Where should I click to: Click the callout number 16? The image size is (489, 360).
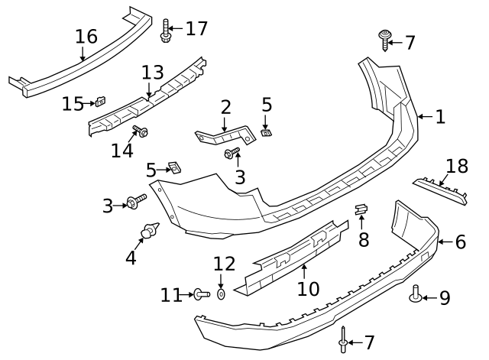click(x=86, y=36)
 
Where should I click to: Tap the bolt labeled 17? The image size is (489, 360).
click(x=166, y=31)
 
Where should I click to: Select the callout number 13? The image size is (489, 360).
click(x=152, y=73)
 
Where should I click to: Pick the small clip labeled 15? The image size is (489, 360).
click(x=99, y=102)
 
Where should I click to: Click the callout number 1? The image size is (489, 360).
click(x=439, y=117)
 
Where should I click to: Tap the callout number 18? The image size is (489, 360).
click(x=456, y=167)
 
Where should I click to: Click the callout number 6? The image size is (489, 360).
click(x=460, y=242)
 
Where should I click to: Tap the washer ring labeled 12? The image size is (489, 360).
click(x=221, y=294)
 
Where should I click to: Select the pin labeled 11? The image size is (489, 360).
click(x=200, y=294)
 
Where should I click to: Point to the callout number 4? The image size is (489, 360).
click(x=131, y=258)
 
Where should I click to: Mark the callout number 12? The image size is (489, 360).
click(x=225, y=264)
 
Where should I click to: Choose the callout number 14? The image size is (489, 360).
click(x=121, y=151)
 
